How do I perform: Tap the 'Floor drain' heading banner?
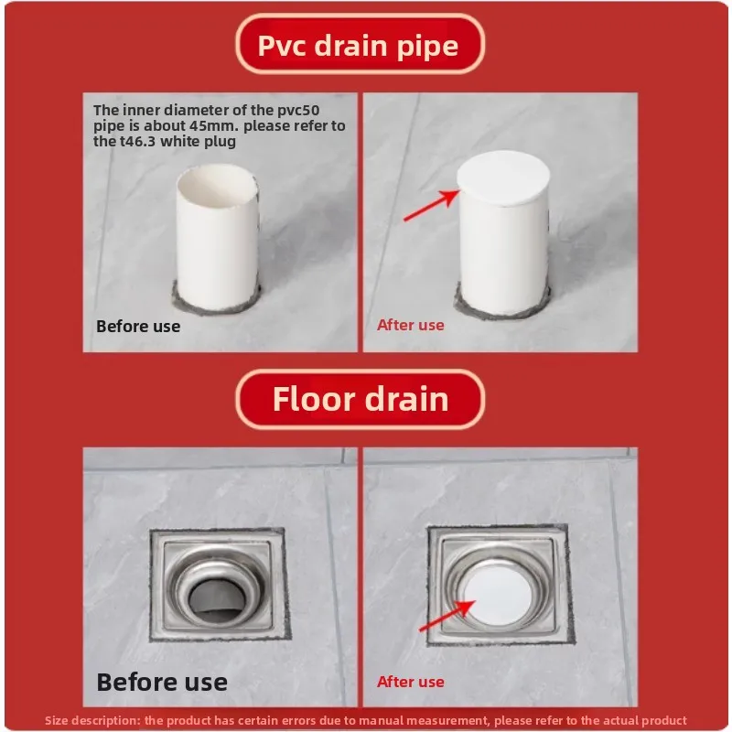(360, 399)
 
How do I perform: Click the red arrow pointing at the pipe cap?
(430, 206)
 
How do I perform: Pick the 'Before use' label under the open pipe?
(138, 327)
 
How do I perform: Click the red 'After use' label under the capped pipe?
(411, 325)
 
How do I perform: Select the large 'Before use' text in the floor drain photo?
(162, 682)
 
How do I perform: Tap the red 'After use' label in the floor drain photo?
(411, 682)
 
